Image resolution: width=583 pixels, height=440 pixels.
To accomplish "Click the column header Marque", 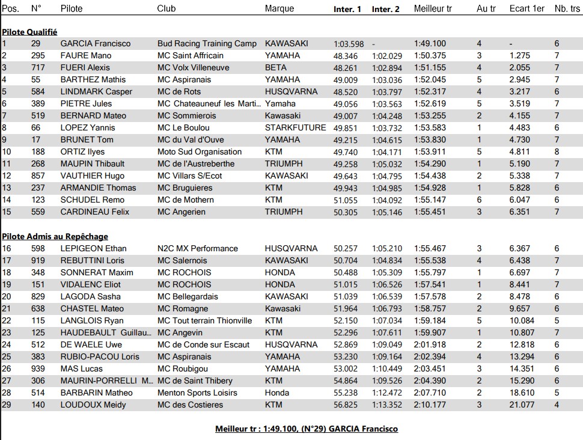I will [279, 8].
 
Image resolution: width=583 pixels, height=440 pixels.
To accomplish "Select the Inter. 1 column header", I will [347, 9].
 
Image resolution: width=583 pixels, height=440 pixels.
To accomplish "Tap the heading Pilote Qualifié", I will [29, 32].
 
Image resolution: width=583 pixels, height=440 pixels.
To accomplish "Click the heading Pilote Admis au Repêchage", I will [55, 236].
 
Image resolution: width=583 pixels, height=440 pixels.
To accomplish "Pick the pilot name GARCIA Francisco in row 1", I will [95, 43].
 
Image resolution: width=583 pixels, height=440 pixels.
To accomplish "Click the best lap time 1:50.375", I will [430, 55].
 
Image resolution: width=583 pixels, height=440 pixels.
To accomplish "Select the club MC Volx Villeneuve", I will [193, 67].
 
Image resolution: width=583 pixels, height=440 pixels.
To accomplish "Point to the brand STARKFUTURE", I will [295, 127].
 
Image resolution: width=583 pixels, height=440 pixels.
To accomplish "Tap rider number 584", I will [39, 91].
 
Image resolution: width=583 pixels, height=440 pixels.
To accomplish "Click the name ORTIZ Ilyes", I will [83, 151].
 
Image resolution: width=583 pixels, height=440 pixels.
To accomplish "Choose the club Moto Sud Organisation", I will [200, 151].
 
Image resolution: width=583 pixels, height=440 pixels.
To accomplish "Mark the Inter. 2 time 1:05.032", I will [386, 163].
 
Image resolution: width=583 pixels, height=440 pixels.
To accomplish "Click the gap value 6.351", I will [519, 212].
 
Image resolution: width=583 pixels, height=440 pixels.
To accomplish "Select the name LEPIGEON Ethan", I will [93, 248].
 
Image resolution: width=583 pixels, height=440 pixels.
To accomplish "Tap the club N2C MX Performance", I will [198, 248].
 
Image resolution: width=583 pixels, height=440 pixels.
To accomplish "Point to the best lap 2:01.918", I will [430, 344].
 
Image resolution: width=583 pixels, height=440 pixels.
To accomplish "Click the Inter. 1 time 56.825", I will [346, 405].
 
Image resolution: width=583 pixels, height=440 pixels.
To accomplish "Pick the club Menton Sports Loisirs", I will [197, 393].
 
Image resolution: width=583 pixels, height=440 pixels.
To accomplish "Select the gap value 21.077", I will [521, 405].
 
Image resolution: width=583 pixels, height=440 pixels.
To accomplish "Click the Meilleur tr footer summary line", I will [307, 429].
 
